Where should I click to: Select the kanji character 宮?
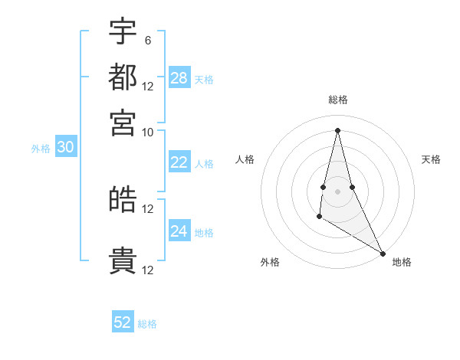click(123, 123)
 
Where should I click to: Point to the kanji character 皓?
click(123, 200)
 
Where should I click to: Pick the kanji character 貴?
click(123, 261)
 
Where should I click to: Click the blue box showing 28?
click(179, 78)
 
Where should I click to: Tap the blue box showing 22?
click(179, 162)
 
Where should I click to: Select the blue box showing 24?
click(179, 231)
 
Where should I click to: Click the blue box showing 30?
click(65, 148)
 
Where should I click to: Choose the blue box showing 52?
click(123, 322)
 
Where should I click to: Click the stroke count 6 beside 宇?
click(147, 40)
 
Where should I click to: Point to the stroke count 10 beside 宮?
click(147, 132)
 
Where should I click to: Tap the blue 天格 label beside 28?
click(204, 79)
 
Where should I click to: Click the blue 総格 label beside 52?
click(147, 324)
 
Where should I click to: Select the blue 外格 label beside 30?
click(41, 149)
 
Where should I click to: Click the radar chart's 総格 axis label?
click(338, 100)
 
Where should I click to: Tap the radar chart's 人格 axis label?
click(245, 159)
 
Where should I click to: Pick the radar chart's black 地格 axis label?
click(402, 262)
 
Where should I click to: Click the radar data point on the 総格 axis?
click(338, 129)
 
